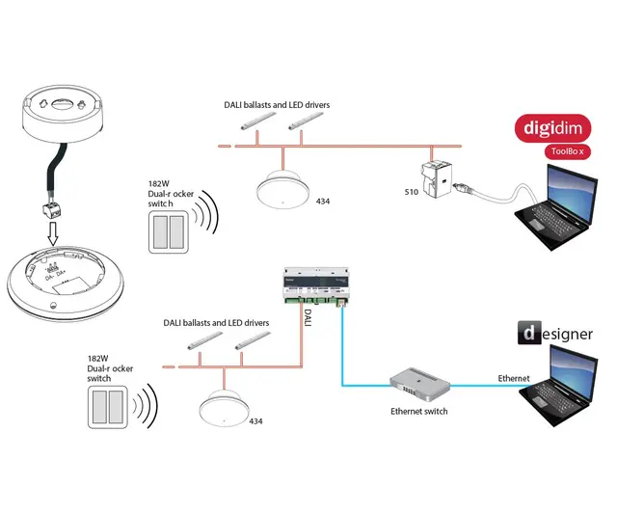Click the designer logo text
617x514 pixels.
[x=553, y=335]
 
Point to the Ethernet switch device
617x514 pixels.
[x=419, y=386]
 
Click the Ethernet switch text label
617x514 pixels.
[x=418, y=412]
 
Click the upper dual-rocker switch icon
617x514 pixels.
[x=170, y=232]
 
